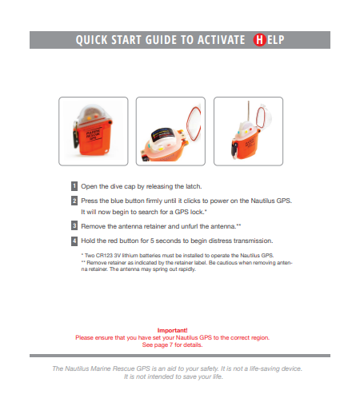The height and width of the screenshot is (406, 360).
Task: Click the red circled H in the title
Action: [259, 40]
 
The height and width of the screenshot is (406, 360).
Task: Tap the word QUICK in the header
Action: [91, 40]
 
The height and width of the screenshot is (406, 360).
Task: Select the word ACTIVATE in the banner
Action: [221, 40]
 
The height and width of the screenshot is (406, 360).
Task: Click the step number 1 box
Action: [74, 186]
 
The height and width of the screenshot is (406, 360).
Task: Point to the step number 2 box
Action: [74, 201]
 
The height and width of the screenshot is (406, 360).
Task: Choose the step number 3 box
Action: [74, 225]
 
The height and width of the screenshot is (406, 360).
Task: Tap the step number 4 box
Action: [74, 241]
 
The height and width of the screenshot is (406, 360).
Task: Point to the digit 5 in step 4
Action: [152, 241]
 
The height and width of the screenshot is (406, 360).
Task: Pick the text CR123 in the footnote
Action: [104, 256]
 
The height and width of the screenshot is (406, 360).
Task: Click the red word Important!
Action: [172, 330]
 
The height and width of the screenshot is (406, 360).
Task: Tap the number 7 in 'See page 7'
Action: [171, 345]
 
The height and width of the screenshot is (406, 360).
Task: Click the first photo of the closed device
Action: [94, 131]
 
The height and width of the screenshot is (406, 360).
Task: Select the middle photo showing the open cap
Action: [170, 131]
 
